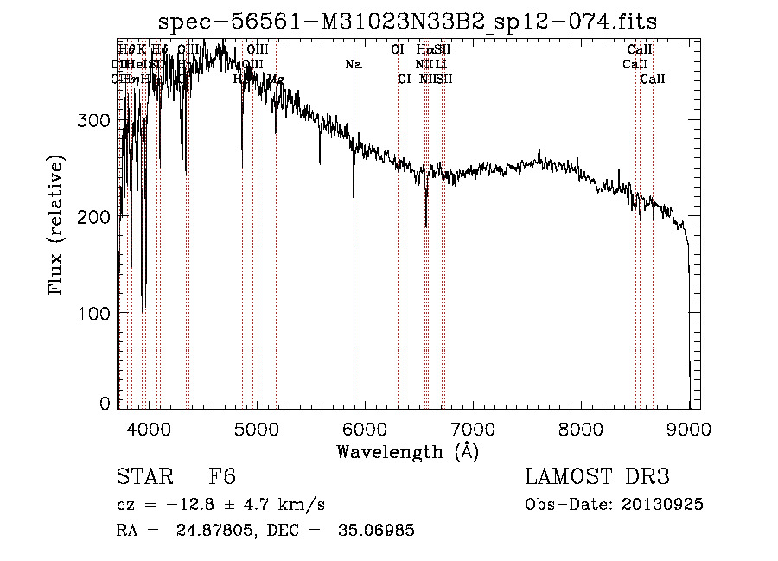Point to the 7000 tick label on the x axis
pyautogui.click(x=473, y=427)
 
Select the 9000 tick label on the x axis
pyautogui.click(x=689, y=427)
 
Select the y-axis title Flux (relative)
pyautogui.click(x=58, y=226)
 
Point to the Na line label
pyautogui.click(x=353, y=65)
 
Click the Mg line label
pyautogui.click(x=276, y=80)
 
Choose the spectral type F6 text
pyautogui.click(x=222, y=476)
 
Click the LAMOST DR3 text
pyautogui.click(x=597, y=476)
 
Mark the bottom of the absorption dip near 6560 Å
pyautogui.click(x=426, y=226)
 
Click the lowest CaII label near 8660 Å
pyautogui.click(x=653, y=80)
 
